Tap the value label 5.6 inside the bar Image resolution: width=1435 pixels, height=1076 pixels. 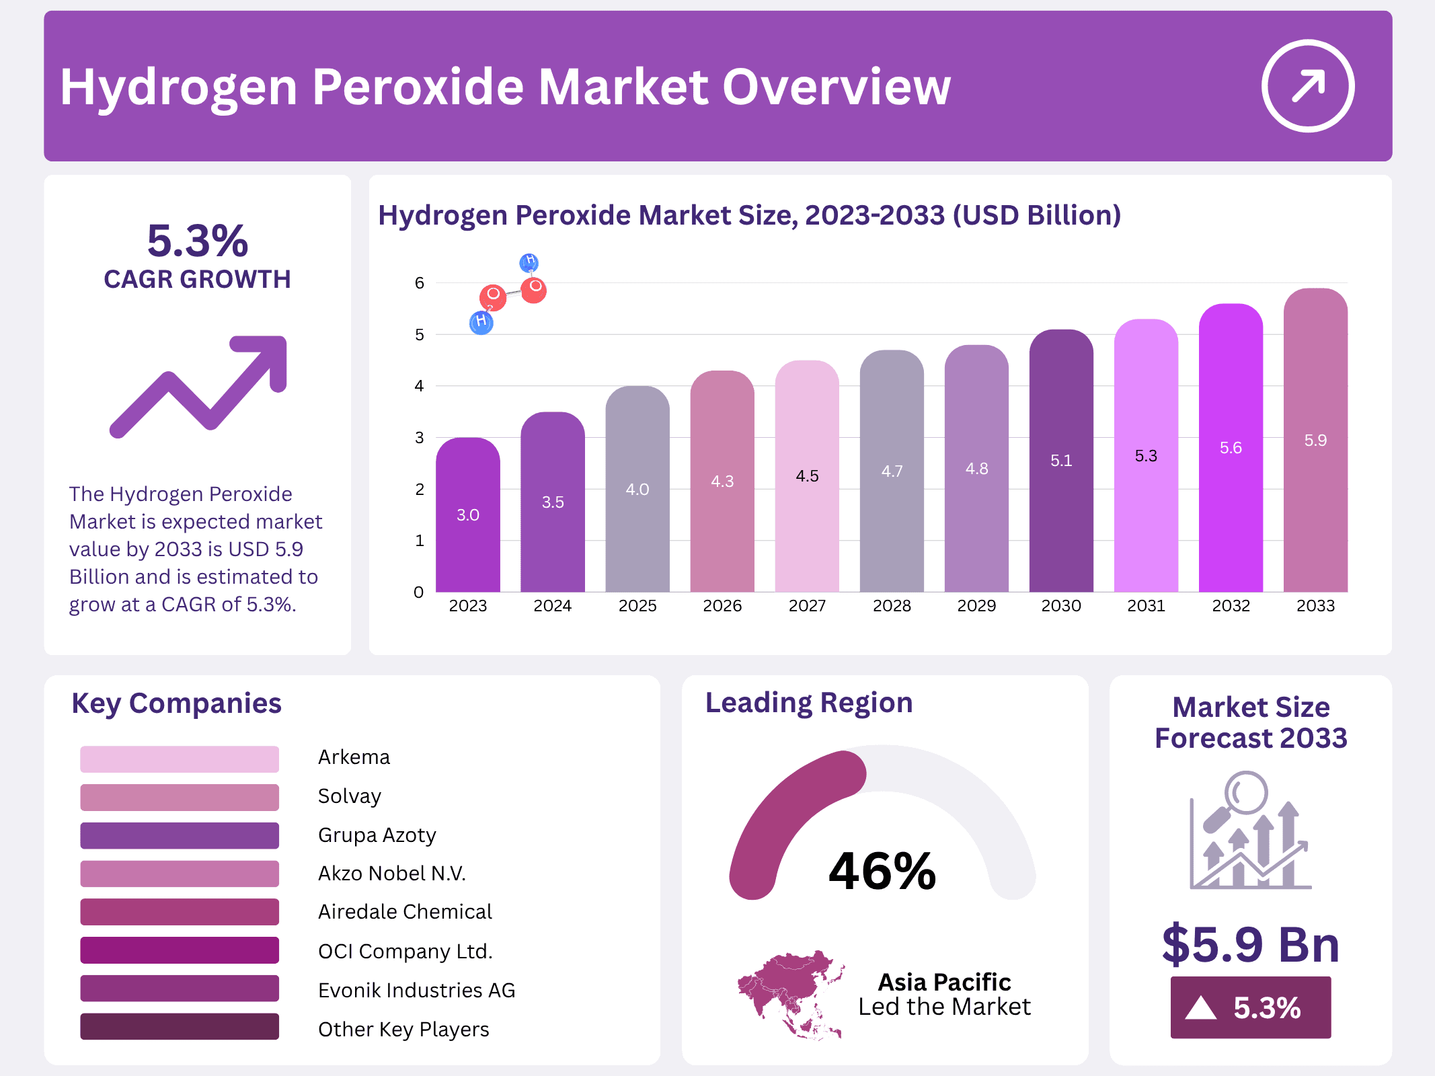coord(1231,448)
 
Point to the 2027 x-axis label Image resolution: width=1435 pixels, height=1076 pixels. coord(807,606)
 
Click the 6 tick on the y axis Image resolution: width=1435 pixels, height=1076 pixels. coord(420,283)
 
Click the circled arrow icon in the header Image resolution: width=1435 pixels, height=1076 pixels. coord(1307,86)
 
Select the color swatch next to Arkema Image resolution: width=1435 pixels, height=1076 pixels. coord(179,759)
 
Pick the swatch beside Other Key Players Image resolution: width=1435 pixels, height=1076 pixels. coord(179,1026)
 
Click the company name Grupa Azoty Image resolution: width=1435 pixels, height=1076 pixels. coord(377,835)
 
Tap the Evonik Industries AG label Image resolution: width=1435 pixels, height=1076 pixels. coord(416,991)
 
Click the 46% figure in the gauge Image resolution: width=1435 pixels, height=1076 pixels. coord(882,871)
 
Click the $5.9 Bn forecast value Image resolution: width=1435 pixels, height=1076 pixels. coord(1250,944)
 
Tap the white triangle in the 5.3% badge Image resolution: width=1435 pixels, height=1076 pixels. coord(1200,1008)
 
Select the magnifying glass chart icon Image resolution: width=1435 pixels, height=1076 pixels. coord(1250,831)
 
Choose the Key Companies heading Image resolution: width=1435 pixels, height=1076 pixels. coord(176,703)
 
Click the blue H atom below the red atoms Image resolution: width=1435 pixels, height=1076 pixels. coord(481,322)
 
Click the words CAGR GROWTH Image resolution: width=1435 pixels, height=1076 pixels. coord(197,279)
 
